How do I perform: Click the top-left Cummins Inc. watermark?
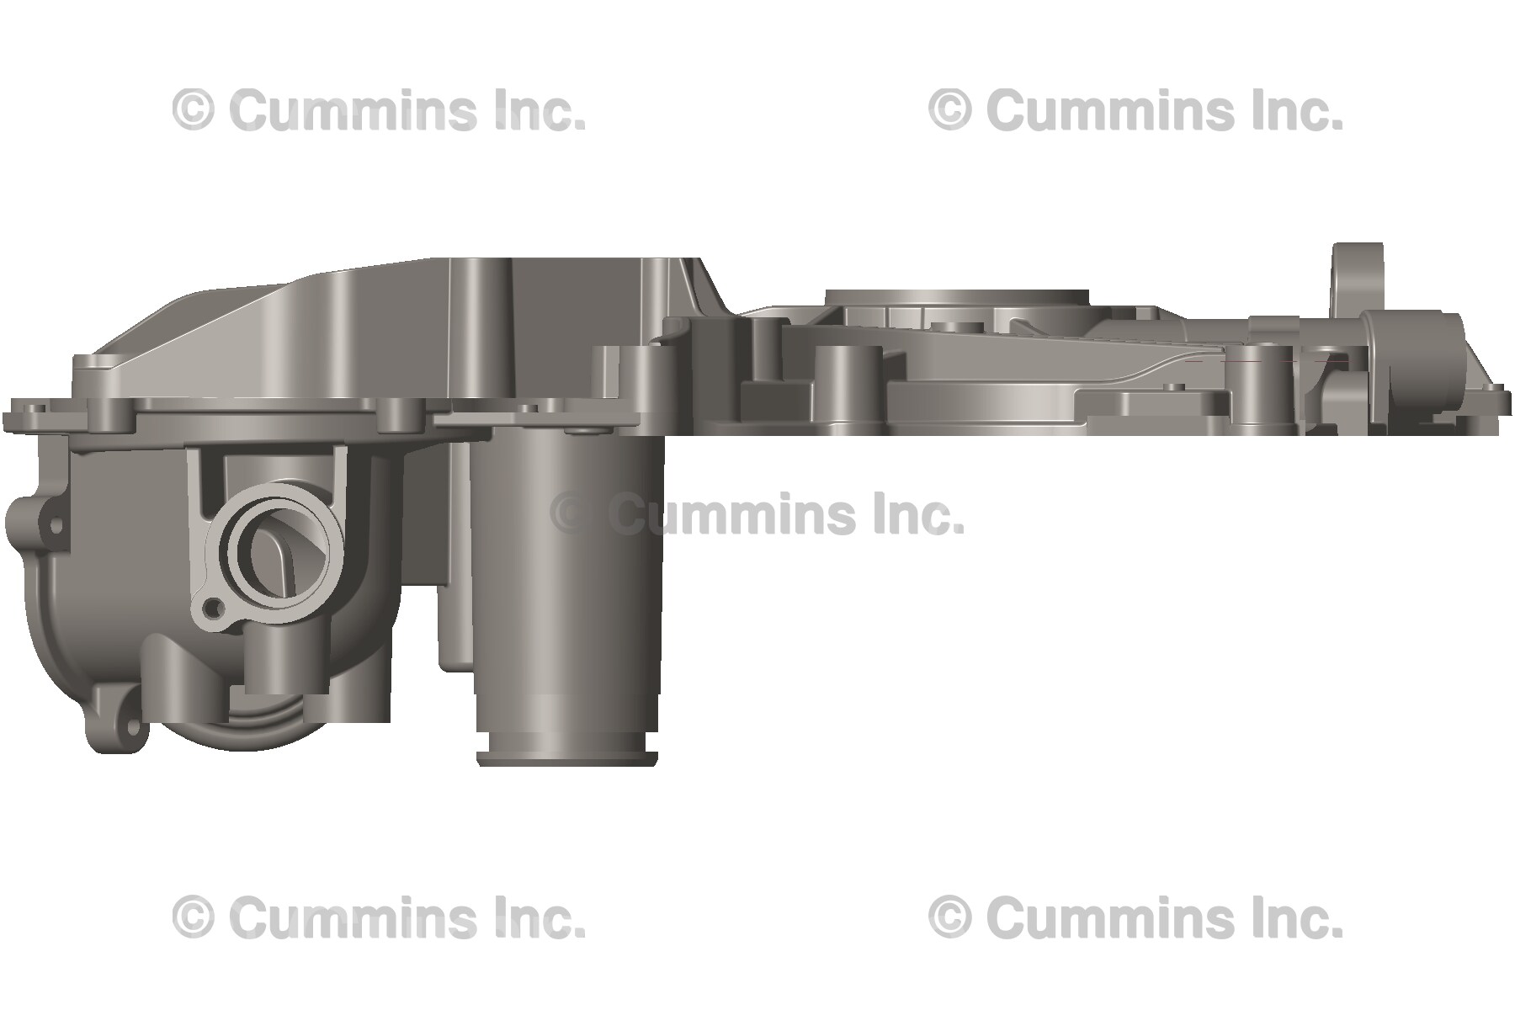(x=379, y=111)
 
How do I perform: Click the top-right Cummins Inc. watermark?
(x=1135, y=111)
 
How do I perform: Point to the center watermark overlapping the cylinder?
(x=757, y=514)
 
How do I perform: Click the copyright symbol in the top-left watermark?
(x=193, y=111)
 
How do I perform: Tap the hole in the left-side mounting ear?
(x=56, y=525)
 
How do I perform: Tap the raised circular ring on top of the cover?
(x=957, y=299)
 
